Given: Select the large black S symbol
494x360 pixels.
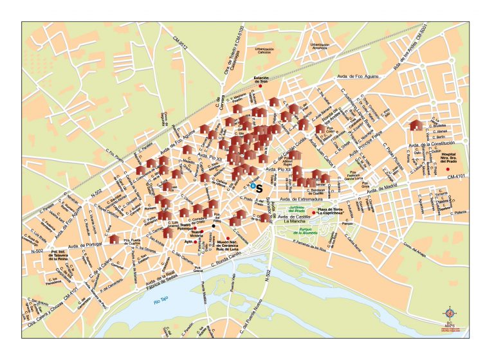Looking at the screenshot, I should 261,187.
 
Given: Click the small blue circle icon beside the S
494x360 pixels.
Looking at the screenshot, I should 253,186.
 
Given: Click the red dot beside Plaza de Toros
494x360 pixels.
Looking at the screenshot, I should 314,212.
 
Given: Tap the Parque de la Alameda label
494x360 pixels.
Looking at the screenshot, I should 297,230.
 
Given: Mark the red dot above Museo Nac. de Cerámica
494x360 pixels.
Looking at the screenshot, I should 227,238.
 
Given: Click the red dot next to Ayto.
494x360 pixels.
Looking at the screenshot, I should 196,242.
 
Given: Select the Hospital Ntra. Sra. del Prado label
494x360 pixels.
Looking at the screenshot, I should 453,157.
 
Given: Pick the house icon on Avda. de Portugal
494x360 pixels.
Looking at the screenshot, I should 114,239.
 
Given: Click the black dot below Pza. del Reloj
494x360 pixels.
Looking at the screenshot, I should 214,225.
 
